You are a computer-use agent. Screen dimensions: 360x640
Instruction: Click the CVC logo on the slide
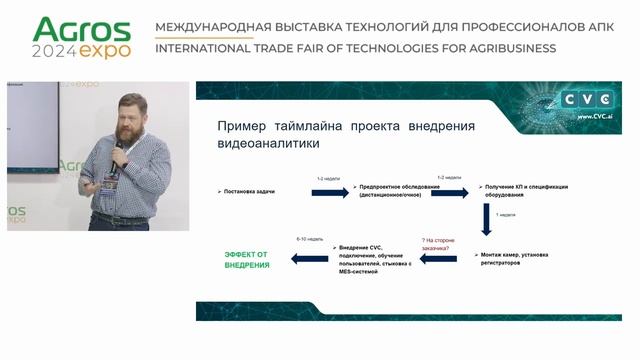pos(589,100)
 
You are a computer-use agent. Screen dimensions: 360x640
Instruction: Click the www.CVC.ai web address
pos(596,116)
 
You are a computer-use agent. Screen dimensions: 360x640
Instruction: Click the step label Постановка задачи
pos(247,190)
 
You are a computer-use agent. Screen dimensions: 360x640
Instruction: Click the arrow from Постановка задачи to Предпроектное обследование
pos(330,190)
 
